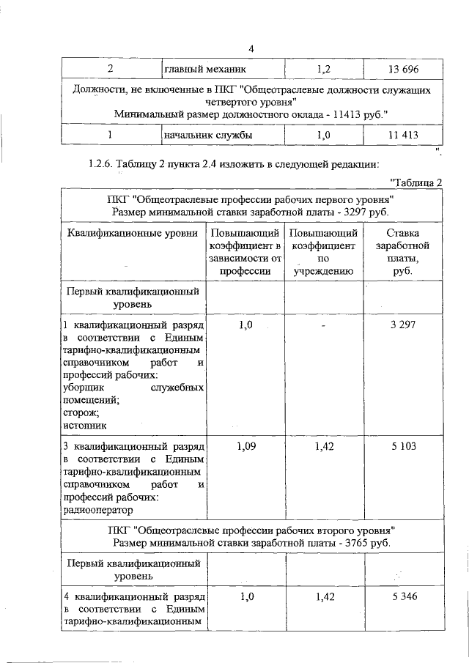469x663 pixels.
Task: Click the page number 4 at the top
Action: click(x=251, y=49)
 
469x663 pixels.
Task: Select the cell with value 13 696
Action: click(x=402, y=69)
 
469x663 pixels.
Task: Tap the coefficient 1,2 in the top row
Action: click(x=324, y=69)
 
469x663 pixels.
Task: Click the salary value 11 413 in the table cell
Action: click(x=402, y=135)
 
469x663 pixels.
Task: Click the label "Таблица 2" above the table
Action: click(x=416, y=182)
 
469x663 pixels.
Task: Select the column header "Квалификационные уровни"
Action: click(x=133, y=233)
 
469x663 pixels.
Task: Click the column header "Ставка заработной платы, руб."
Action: click(x=402, y=251)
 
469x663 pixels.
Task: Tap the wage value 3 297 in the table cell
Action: click(x=402, y=325)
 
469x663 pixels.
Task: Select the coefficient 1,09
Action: click(x=246, y=445)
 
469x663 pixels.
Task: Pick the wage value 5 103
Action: click(x=402, y=445)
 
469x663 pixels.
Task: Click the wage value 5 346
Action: click(x=402, y=597)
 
